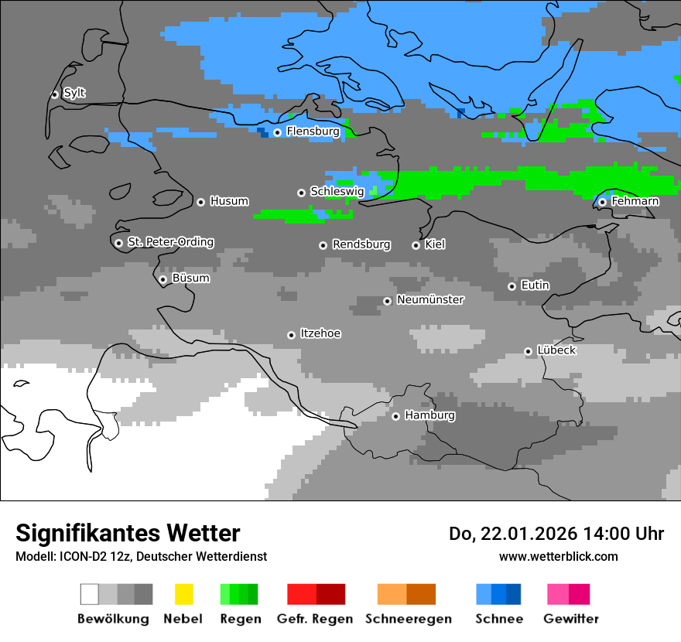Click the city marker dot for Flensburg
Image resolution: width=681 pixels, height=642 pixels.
coord(277,132)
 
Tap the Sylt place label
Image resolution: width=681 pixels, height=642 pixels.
coord(74,93)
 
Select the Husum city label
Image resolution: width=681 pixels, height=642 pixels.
coord(229,201)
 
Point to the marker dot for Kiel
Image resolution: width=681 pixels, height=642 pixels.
coord(416,245)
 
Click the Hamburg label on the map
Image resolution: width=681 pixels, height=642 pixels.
coord(429,415)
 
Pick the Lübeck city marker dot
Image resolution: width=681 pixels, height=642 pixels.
coord(528,351)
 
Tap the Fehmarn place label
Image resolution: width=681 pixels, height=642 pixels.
coord(635,201)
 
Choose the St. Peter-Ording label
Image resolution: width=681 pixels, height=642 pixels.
coord(170,242)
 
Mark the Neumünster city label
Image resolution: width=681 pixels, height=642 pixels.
coord(430,299)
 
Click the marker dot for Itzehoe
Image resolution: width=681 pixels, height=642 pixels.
coord(291,335)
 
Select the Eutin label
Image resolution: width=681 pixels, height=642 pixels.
coord(535,285)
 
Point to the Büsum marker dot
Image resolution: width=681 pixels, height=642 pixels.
coord(163,279)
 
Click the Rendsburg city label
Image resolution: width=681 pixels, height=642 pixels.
coord(361,244)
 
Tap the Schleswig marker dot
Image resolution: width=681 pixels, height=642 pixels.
coord(301,193)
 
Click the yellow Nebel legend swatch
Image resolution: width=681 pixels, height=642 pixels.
coord(183,594)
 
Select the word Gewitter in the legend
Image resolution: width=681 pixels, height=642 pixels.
coord(570,619)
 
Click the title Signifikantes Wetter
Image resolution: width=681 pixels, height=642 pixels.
coord(128,533)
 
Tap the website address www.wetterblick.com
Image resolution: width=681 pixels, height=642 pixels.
coord(558,556)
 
